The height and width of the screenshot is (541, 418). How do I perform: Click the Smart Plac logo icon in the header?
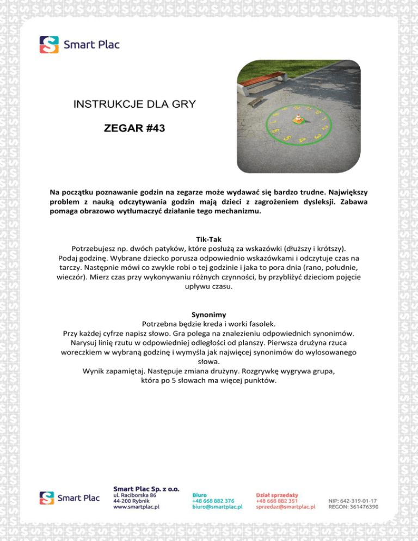(48, 45)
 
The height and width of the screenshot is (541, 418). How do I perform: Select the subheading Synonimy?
(209, 315)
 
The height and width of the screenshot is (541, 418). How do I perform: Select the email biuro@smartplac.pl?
(217, 506)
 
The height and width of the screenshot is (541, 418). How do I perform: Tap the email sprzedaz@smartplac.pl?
(286, 506)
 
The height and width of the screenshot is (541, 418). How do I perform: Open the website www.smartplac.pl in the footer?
(136, 506)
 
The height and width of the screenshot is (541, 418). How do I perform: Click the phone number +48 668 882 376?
(213, 499)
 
